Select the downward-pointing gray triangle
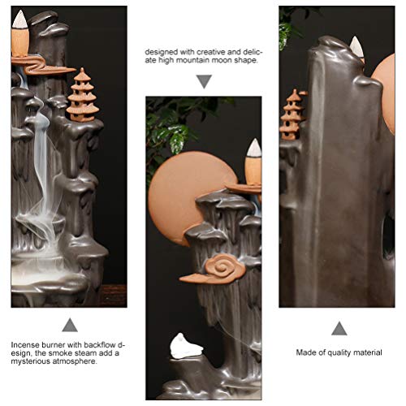(x=204, y=80)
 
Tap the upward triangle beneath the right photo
(x=339, y=327)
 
